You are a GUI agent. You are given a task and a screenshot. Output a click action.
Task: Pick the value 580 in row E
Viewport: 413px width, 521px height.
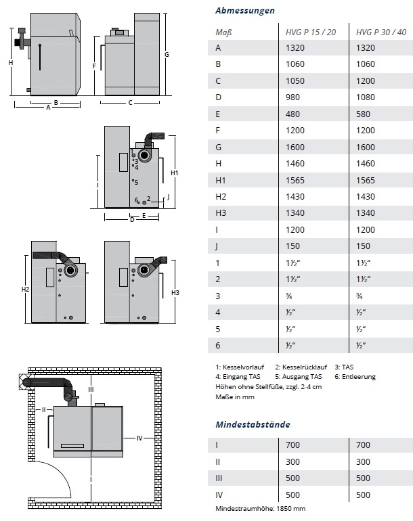[x=363, y=114]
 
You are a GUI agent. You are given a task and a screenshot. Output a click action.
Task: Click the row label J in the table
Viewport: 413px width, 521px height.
[x=217, y=246]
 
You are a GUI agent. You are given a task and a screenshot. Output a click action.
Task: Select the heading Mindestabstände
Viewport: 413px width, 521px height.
[x=253, y=424]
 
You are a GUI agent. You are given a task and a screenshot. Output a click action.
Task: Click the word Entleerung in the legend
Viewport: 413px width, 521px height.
[x=359, y=376]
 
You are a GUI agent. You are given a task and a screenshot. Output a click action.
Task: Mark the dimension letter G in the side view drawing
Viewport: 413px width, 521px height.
[x=166, y=53]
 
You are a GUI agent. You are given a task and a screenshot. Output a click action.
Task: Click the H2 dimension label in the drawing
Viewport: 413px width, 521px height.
[x=25, y=290]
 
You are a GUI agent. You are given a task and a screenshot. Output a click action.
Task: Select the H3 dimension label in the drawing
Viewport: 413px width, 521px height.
[x=175, y=292]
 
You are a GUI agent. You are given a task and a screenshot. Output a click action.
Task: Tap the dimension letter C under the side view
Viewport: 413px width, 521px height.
[x=130, y=103]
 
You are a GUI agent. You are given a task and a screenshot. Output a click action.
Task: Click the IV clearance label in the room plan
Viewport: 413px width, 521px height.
[x=139, y=438]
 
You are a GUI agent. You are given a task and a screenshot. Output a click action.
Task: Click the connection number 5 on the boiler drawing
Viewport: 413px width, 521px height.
[x=136, y=182]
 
